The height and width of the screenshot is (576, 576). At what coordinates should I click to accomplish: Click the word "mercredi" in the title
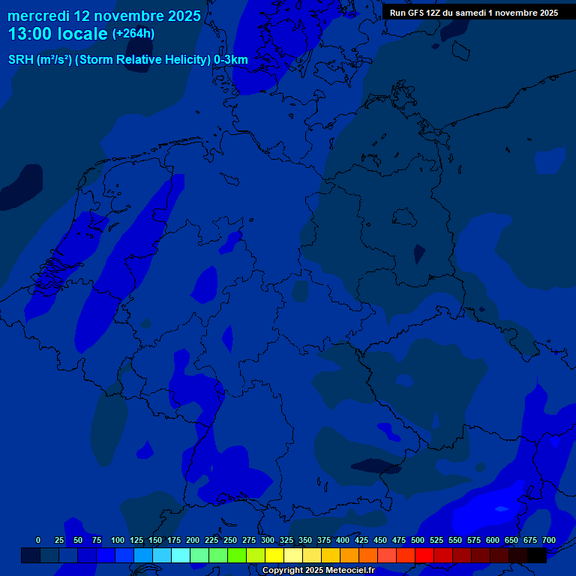(x=38, y=16)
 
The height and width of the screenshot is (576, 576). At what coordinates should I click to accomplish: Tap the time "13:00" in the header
(x=31, y=34)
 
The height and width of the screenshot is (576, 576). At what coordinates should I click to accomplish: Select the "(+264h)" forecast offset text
(x=133, y=34)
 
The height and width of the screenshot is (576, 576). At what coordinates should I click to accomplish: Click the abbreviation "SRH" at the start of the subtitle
(x=21, y=60)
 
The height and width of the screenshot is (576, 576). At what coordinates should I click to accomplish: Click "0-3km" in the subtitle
(x=231, y=60)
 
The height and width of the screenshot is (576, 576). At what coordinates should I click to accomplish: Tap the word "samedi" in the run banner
(x=471, y=13)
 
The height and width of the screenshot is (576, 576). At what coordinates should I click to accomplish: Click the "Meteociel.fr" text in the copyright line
(x=349, y=571)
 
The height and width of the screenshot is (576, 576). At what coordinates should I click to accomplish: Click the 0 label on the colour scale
(x=38, y=541)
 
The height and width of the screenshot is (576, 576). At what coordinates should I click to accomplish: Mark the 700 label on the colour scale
(x=549, y=541)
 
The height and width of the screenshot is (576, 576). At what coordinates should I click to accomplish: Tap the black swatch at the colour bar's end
(x=536, y=556)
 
